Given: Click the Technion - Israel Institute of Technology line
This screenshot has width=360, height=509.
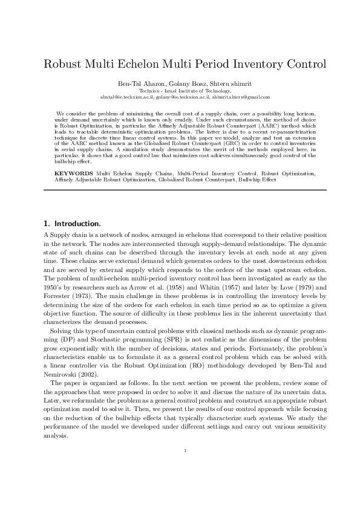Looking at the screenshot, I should coord(180,90).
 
